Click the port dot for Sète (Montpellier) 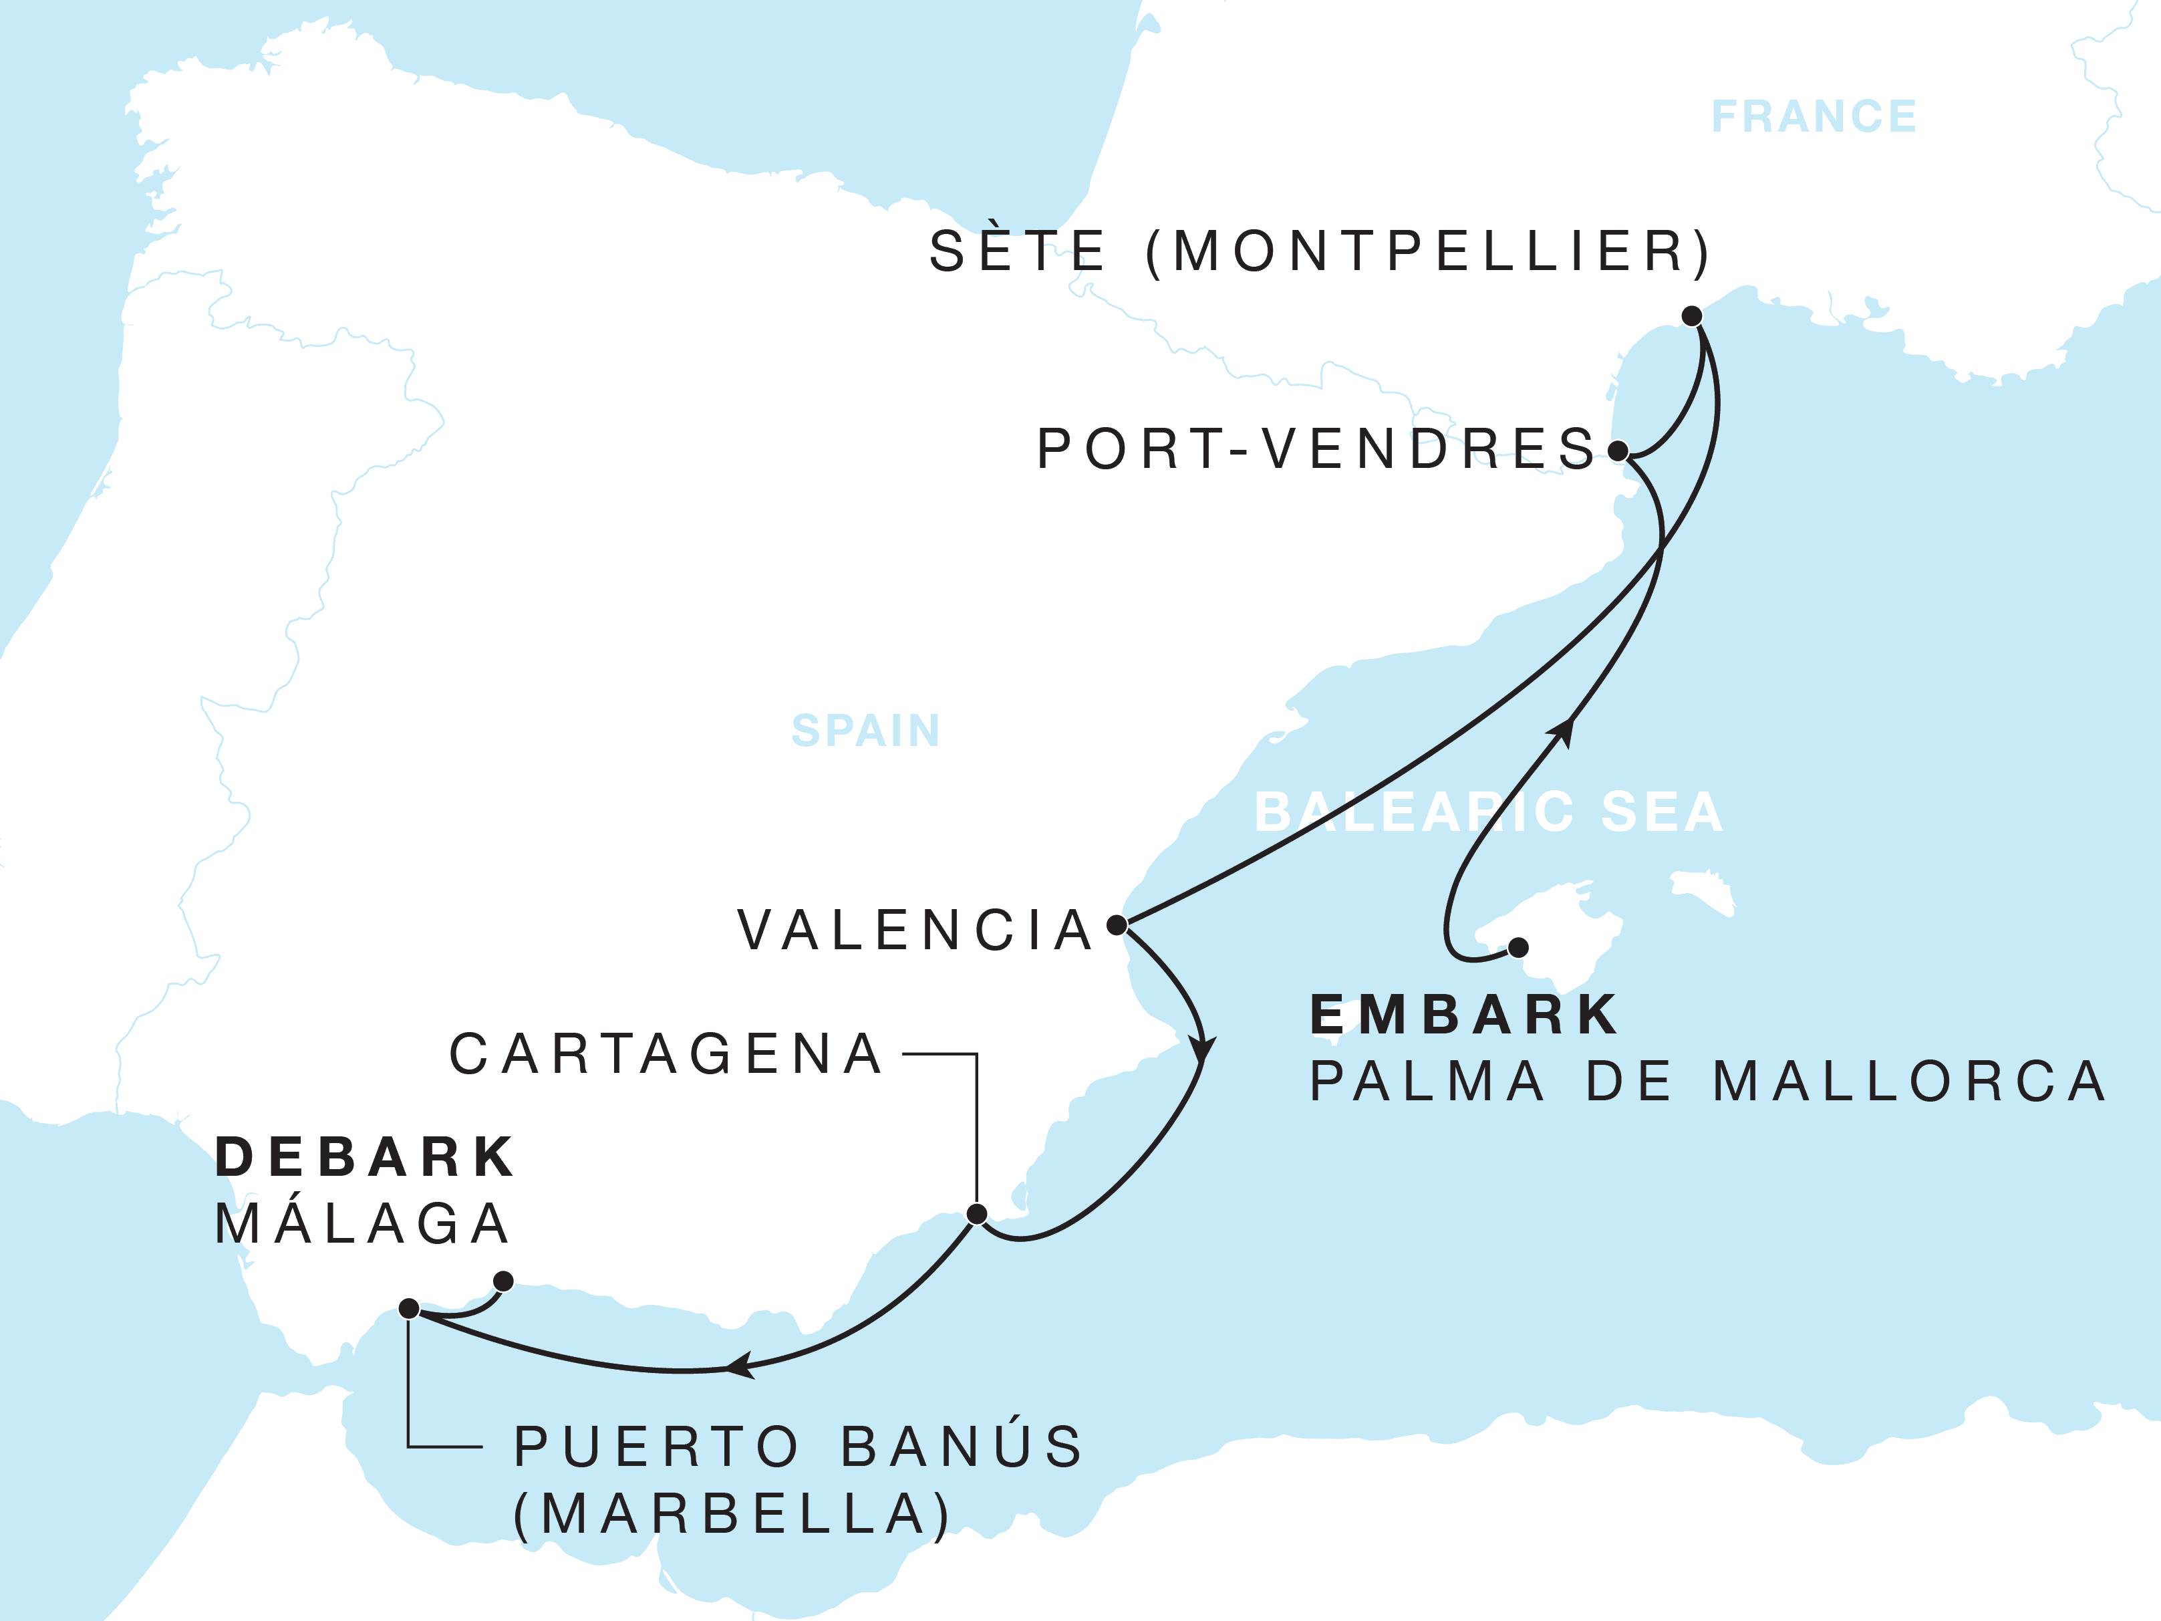point(1692,316)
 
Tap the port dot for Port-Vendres point(1618,451)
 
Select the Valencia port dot point(1117,924)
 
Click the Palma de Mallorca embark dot point(1518,947)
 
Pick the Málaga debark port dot point(503,1280)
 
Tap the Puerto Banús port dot point(410,1308)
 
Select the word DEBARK point(364,1157)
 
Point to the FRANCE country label point(1814,116)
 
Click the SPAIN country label point(865,730)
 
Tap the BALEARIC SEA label point(1488,812)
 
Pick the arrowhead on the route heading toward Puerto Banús point(740,1365)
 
